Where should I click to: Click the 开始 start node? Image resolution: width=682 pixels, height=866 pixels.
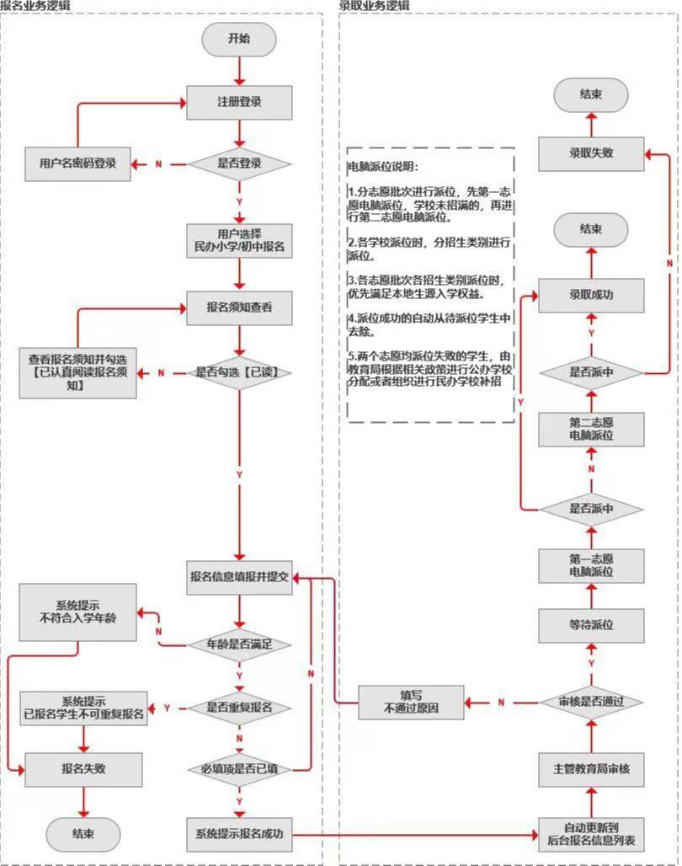(239, 39)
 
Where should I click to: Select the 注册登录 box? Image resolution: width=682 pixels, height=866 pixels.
(239, 103)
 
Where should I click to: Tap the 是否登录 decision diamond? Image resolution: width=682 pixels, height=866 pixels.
(239, 163)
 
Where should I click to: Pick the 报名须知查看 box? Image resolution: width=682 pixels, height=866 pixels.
(239, 308)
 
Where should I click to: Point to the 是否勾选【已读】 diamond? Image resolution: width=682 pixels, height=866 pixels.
(239, 372)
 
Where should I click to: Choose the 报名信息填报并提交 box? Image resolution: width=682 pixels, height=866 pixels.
(239, 577)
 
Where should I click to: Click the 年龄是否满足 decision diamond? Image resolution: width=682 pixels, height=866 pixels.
(239, 645)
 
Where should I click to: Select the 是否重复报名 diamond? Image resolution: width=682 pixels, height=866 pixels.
(239, 708)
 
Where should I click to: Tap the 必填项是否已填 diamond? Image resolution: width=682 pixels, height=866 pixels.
(239, 769)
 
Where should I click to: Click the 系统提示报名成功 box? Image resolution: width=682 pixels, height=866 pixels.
(239, 835)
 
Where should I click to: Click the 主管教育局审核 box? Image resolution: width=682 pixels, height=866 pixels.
(591, 769)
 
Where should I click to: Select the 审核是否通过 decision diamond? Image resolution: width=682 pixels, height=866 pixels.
(591, 701)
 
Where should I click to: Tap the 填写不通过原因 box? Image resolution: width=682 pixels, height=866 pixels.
(411, 702)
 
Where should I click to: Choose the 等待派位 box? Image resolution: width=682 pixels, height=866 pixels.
(591, 626)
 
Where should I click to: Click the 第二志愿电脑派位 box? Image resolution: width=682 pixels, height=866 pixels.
(591, 429)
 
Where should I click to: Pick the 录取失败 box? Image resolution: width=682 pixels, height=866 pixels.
(591, 153)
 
